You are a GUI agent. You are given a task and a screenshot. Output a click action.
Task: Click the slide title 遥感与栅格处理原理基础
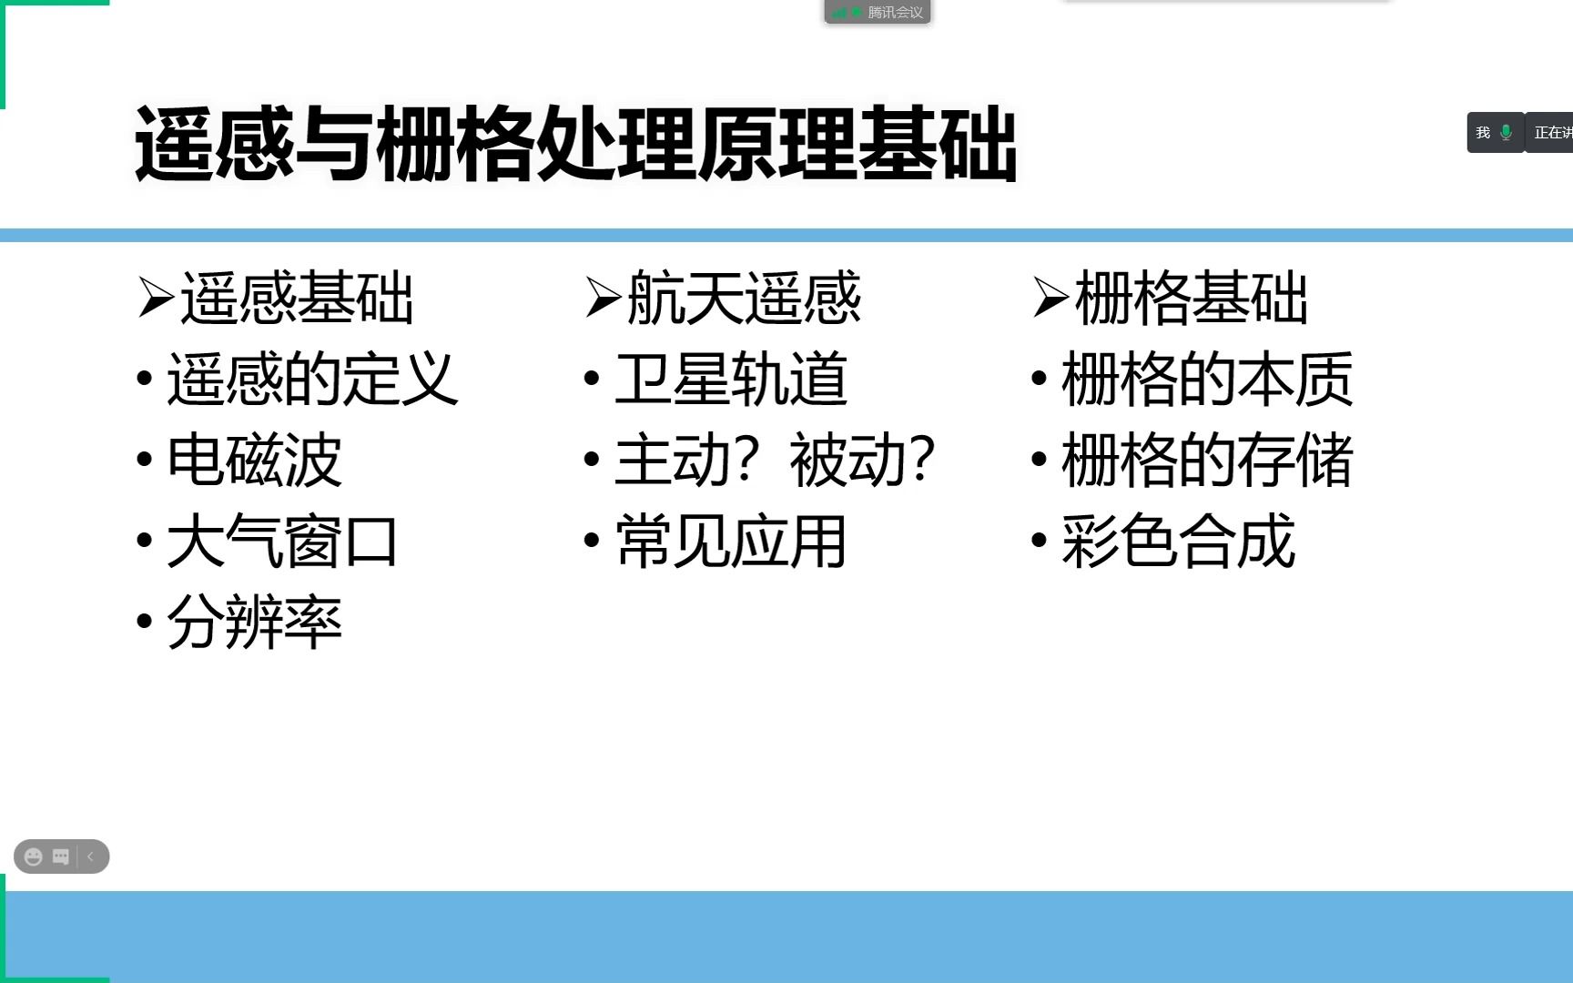(575, 144)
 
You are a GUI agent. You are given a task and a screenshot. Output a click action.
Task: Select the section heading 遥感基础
(297, 299)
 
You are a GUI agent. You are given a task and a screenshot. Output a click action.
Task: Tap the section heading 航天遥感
(744, 299)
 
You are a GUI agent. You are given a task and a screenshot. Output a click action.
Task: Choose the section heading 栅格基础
(1191, 299)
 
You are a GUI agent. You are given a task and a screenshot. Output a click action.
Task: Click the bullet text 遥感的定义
(311, 379)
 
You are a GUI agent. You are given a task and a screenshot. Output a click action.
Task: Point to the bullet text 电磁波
(254, 460)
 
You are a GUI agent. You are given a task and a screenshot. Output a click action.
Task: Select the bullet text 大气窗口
(282, 542)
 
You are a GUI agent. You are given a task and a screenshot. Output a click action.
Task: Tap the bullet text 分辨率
(254, 623)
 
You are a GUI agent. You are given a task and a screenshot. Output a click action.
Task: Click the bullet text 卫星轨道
(731, 379)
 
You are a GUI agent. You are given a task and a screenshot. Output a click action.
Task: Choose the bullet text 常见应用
(731, 542)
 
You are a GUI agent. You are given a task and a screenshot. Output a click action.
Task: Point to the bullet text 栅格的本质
(1207, 379)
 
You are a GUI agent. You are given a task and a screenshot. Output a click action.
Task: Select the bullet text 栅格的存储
(1207, 460)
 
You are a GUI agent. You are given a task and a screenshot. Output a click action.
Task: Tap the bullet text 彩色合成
(1178, 542)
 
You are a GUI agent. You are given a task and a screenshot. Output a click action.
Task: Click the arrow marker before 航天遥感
(603, 299)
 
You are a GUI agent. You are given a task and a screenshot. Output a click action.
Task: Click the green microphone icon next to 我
(1507, 133)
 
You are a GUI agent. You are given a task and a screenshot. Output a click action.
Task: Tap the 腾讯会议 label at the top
(894, 13)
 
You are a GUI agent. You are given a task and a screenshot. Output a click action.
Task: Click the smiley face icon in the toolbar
(34, 856)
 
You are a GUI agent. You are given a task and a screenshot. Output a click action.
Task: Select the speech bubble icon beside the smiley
(61, 856)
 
